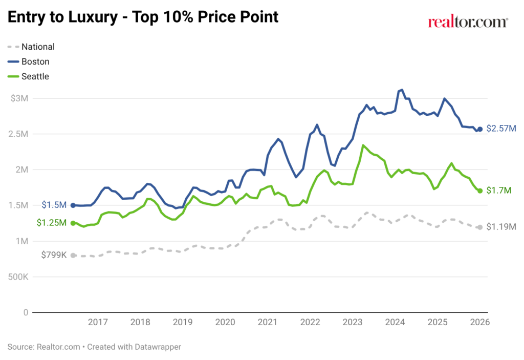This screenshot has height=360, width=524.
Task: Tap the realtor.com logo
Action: click(x=468, y=22)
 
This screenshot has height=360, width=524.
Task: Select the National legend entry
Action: click(x=37, y=47)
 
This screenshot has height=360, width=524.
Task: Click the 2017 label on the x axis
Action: click(x=98, y=322)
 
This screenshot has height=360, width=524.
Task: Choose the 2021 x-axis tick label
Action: click(x=268, y=322)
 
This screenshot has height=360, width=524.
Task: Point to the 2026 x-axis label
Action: click(x=480, y=322)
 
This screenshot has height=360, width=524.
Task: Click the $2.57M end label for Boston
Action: click(x=501, y=129)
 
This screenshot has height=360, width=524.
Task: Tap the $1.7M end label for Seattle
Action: click(x=498, y=190)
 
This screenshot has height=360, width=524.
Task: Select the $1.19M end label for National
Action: click(x=501, y=227)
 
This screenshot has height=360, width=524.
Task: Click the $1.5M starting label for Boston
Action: click(x=54, y=205)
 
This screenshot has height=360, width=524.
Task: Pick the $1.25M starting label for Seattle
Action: click(x=52, y=223)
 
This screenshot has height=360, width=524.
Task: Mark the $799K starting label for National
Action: click(x=54, y=255)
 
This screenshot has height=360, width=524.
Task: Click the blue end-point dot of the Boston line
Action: click(x=480, y=129)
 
